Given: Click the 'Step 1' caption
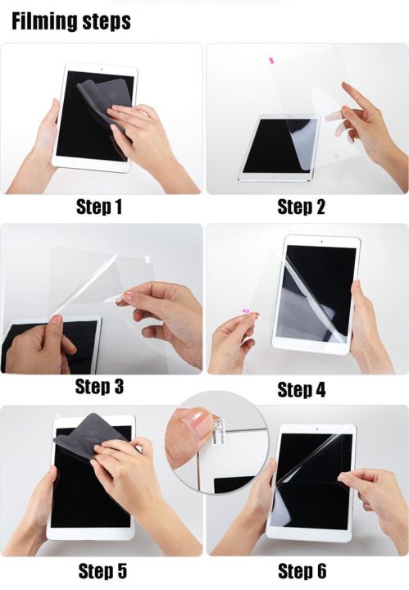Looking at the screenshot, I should tap(99, 206).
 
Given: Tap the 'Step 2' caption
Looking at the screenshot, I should tap(301, 206).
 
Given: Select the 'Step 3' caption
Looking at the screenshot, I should tap(99, 385).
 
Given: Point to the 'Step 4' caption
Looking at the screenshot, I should tap(301, 390).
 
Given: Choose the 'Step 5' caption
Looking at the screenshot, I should tap(99, 570).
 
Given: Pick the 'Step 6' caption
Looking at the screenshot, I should tap(301, 570).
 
